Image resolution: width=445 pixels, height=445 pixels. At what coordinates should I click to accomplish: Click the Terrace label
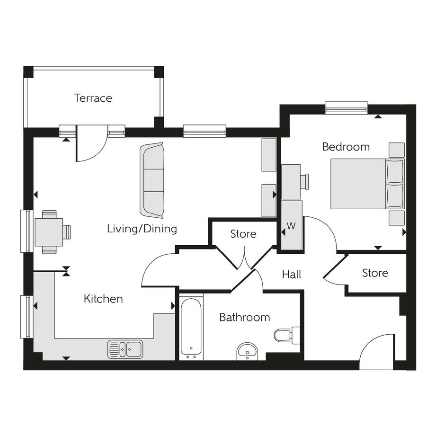93,98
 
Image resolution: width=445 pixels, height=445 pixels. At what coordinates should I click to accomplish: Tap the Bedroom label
346,147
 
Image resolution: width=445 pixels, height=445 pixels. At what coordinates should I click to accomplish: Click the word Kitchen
103,299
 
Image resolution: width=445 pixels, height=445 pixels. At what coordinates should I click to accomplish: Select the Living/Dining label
142,229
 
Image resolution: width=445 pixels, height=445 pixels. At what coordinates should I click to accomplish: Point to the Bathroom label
244,317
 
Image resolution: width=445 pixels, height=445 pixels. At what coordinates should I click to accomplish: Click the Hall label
292,275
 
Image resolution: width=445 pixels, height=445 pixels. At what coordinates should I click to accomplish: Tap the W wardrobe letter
291,226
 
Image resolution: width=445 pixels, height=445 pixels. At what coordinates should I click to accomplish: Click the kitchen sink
125,349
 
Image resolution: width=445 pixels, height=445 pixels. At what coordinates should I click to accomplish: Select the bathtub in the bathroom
191,328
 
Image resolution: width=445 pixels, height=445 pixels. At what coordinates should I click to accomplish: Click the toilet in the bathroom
287,335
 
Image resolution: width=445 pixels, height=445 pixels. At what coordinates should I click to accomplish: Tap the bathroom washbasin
247,351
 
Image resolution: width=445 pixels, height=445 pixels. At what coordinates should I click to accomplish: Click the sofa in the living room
152,180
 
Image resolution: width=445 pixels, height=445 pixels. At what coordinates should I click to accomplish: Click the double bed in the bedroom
367,184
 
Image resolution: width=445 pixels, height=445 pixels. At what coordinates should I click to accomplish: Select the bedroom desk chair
305,182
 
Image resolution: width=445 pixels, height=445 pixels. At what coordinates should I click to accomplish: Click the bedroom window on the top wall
346,108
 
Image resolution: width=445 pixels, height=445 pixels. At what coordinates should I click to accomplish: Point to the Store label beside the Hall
375,273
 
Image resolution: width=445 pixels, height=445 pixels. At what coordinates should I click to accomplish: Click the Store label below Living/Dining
243,234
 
